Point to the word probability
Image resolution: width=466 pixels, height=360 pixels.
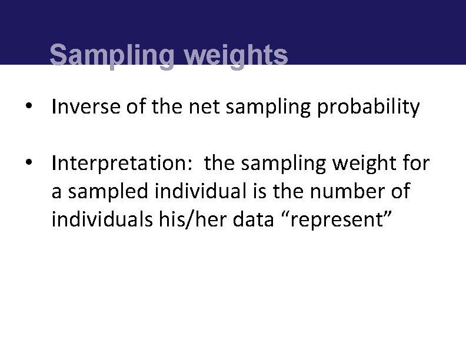click(x=368, y=108)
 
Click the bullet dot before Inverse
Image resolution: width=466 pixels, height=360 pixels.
click(x=28, y=108)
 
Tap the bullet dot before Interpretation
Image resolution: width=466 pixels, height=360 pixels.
click(x=28, y=164)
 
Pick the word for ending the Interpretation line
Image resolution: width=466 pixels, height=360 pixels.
click(x=417, y=163)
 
